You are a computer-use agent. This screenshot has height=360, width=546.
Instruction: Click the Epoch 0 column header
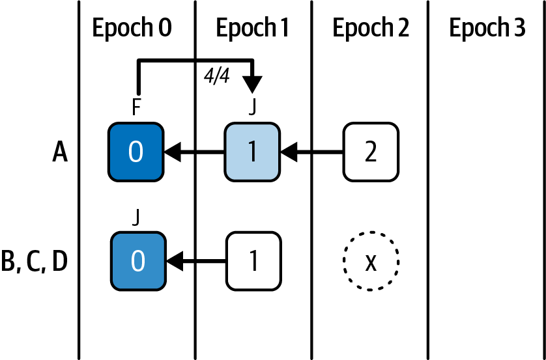tap(132, 29)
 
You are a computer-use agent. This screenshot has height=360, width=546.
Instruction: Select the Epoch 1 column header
tap(252, 29)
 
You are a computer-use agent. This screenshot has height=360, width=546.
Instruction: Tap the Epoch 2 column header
tap(371, 29)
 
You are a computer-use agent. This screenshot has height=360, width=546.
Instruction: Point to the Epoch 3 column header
tap(487, 29)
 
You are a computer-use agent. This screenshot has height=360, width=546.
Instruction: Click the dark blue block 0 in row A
tap(136, 152)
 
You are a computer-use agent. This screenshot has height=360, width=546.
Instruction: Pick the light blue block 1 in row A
tap(253, 152)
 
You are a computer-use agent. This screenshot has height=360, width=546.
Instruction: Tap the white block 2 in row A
tap(371, 152)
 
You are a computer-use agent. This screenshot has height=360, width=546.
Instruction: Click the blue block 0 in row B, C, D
tap(136, 261)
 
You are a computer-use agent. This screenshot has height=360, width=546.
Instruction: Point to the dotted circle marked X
tap(371, 262)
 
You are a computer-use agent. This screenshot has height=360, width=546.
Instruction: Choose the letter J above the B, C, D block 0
tap(136, 218)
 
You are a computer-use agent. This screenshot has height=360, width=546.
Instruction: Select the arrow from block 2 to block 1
tap(313, 153)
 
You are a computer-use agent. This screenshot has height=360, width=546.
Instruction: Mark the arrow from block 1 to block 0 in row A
tap(195, 153)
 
